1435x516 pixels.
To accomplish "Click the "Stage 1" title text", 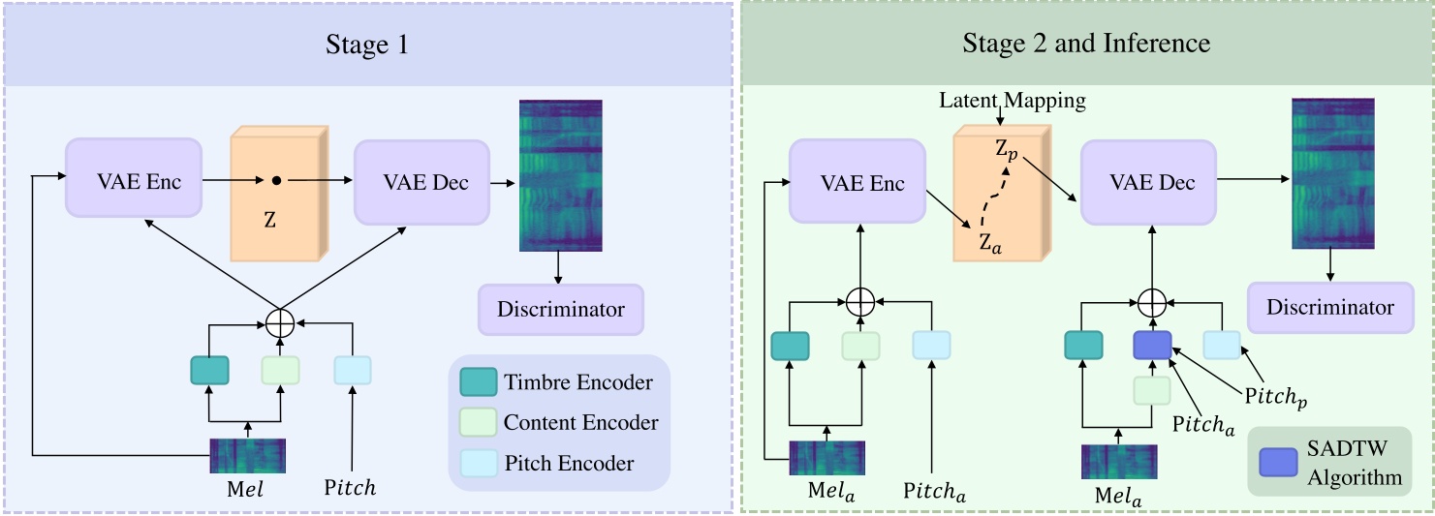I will (x=367, y=45).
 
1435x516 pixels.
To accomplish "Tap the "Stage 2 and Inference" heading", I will (x=1086, y=44).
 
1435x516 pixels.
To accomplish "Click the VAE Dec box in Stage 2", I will (x=1147, y=182).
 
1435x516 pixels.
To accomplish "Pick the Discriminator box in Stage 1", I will (x=561, y=310).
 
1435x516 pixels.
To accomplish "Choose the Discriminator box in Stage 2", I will (x=1330, y=308).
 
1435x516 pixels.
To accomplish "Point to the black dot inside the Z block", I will (x=276, y=181).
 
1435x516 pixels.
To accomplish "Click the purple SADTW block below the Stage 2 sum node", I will (x=1152, y=345).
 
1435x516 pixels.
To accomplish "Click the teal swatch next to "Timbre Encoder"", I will (x=479, y=382).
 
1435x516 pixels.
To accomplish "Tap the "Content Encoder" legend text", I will (x=581, y=423).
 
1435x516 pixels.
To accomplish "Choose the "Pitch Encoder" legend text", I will (x=570, y=464).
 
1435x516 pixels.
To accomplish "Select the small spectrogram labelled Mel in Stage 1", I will (x=247, y=456).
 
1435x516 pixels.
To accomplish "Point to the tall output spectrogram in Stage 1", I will (x=560, y=175).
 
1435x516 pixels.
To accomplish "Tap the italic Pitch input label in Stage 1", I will (x=349, y=489).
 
